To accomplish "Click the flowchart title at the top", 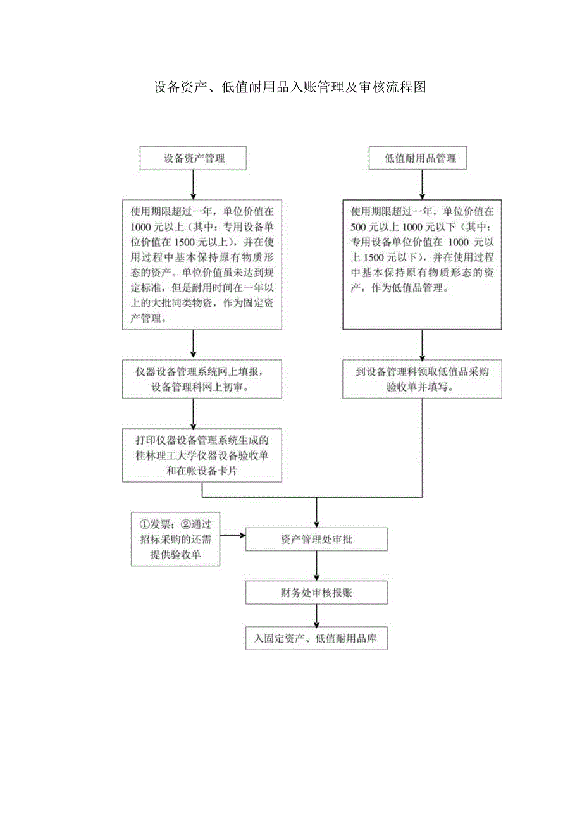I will point(290,88).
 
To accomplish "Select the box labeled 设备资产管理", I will point(194,159).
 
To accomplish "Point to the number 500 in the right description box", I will point(359,226).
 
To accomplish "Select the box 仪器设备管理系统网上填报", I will point(202,379).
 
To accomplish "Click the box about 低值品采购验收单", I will point(422,379).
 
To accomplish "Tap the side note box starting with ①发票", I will point(175,539).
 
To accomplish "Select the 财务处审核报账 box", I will point(316,593).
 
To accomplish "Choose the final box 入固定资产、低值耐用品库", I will point(316,639).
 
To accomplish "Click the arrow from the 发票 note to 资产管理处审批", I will point(233,536).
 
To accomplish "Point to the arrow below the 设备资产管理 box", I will point(194,185).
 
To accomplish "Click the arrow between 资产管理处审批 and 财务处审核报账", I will point(316,566).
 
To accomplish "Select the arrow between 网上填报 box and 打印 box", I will point(194,413).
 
